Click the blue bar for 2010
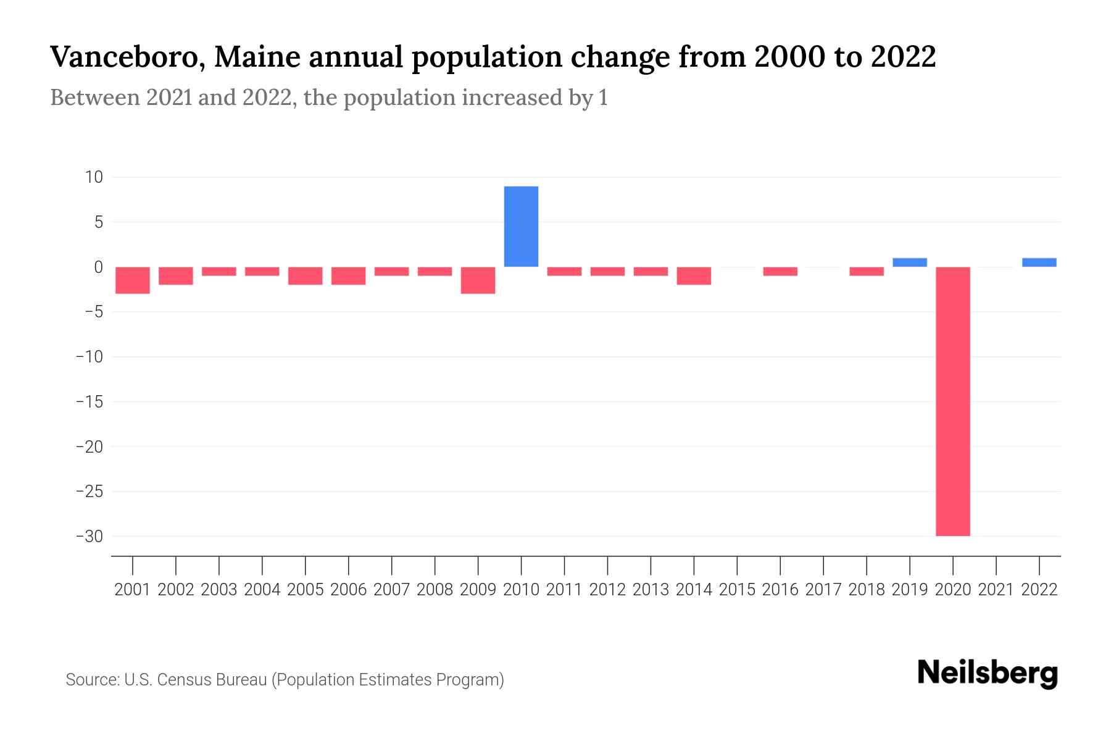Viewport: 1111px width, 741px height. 521,226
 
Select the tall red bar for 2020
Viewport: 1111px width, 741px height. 952,401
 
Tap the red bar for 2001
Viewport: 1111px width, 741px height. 133,280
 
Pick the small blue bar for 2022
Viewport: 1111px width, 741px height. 1039,262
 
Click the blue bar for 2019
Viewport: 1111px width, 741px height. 909,262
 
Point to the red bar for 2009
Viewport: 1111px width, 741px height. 478,280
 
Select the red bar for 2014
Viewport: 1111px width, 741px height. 694,275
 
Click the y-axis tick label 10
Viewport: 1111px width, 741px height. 94,177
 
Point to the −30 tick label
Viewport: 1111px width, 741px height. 89,536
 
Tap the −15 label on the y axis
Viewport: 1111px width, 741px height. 89,401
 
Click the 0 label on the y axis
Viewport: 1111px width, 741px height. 98,267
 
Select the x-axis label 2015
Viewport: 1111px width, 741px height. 737,590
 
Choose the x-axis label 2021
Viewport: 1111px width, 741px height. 996,590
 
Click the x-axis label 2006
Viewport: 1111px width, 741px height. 349,590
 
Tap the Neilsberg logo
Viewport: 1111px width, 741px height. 987,673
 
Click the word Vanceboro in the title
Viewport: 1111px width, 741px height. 126,57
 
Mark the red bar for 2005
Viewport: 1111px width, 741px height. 306,275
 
